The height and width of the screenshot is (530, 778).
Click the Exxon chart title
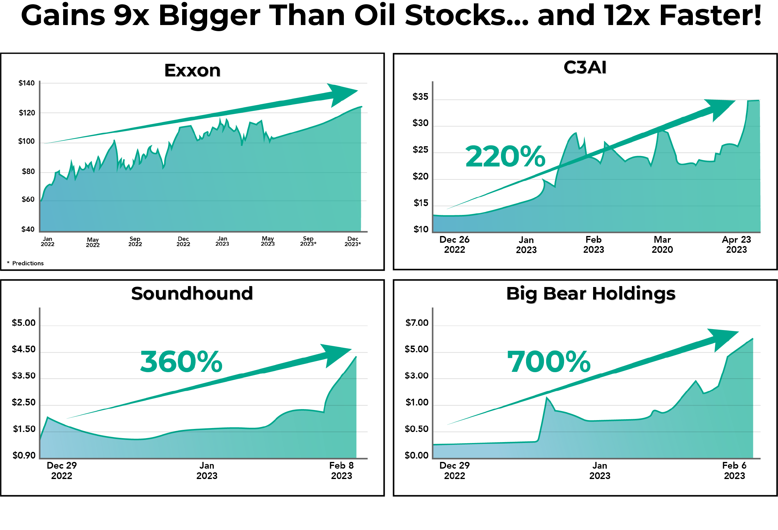coord(192,70)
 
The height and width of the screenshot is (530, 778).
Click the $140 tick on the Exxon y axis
coord(27,83)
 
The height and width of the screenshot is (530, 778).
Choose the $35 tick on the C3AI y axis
coord(420,97)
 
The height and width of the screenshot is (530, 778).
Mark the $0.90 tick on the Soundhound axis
coord(24,455)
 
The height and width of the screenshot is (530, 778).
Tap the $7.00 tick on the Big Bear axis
coord(416,323)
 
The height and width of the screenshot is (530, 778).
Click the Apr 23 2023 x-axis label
coord(736,244)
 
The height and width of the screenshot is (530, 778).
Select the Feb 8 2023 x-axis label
coord(341,470)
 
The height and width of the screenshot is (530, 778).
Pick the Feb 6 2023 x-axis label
coord(734,470)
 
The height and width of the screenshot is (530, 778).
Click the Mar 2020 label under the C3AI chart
coord(662,244)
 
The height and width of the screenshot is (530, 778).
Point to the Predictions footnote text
coord(27,263)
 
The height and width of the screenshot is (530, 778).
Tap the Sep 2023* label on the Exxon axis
coord(308,241)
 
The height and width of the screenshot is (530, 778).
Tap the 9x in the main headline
coord(131,16)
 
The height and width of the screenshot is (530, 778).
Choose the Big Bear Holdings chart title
coord(591,293)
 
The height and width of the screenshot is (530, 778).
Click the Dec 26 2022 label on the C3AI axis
coord(454,244)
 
